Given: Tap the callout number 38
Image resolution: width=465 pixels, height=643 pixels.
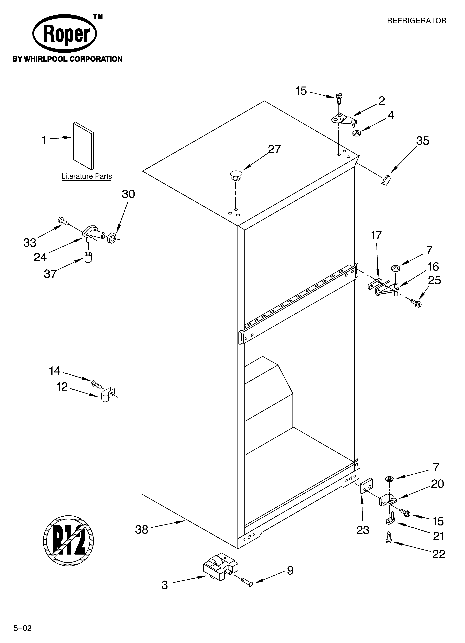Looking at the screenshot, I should click(x=142, y=529).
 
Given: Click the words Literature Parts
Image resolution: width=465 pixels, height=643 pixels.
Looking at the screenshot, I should click(x=87, y=176).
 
